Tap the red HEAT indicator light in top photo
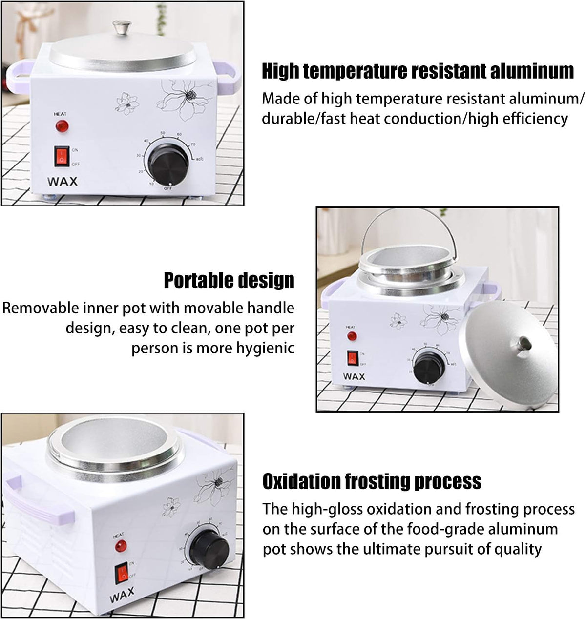pyautogui.click(x=62, y=126)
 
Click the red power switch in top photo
pyautogui.click(x=62, y=156)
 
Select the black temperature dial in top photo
pyautogui.click(x=168, y=165)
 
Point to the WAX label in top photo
pyautogui.click(x=63, y=181)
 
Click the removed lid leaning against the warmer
pyautogui.click(x=508, y=355)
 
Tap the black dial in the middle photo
pyautogui.click(x=429, y=368)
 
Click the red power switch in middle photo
pyautogui.click(x=353, y=358)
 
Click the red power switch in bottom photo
pyautogui.click(x=121, y=573)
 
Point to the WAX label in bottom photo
pyautogui.click(x=122, y=595)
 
